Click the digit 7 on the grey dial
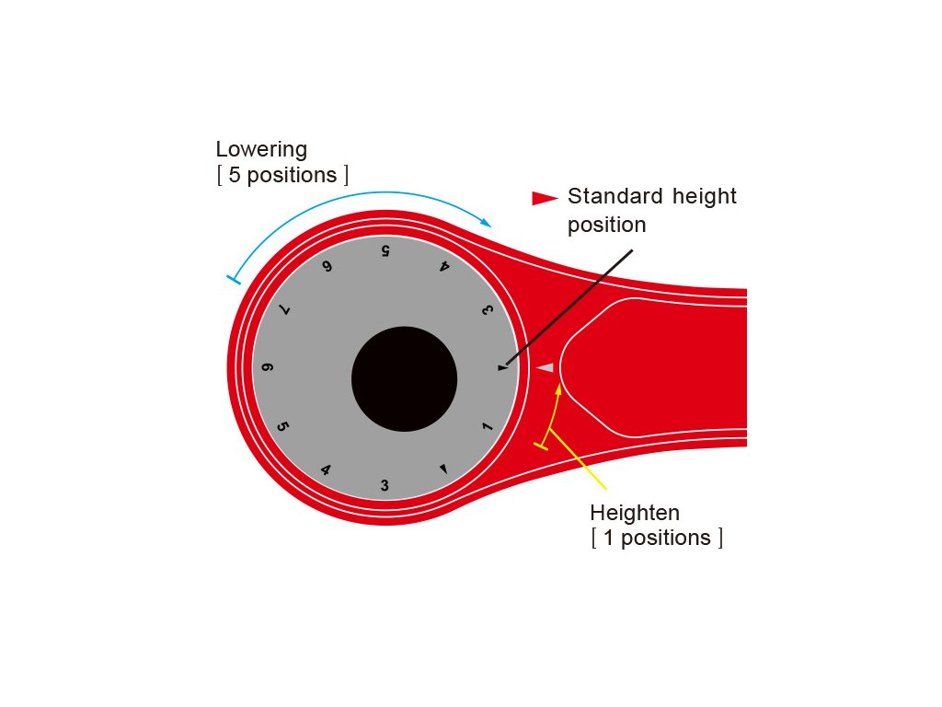click(284, 309)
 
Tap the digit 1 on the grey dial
click(488, 426)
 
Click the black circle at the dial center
click(405, 379)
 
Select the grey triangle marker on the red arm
click(545, 367)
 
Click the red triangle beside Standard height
click(545, 199)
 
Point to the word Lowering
click(261, 149)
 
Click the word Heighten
click(635, 513)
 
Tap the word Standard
click(615, 196)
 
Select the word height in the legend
click(704, 197)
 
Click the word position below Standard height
click(607, 225)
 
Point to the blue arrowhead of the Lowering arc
click(486, 222)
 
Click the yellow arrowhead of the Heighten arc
click(558, 389)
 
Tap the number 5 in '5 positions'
click(235, 175)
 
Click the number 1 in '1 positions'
click(608, 538)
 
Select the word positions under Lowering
click(292, 176)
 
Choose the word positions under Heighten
click(666, 538)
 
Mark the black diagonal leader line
click(569, 307)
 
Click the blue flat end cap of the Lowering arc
click(234, 280)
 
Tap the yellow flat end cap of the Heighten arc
click(541, 446)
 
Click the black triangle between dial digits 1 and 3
click(443, 469)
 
